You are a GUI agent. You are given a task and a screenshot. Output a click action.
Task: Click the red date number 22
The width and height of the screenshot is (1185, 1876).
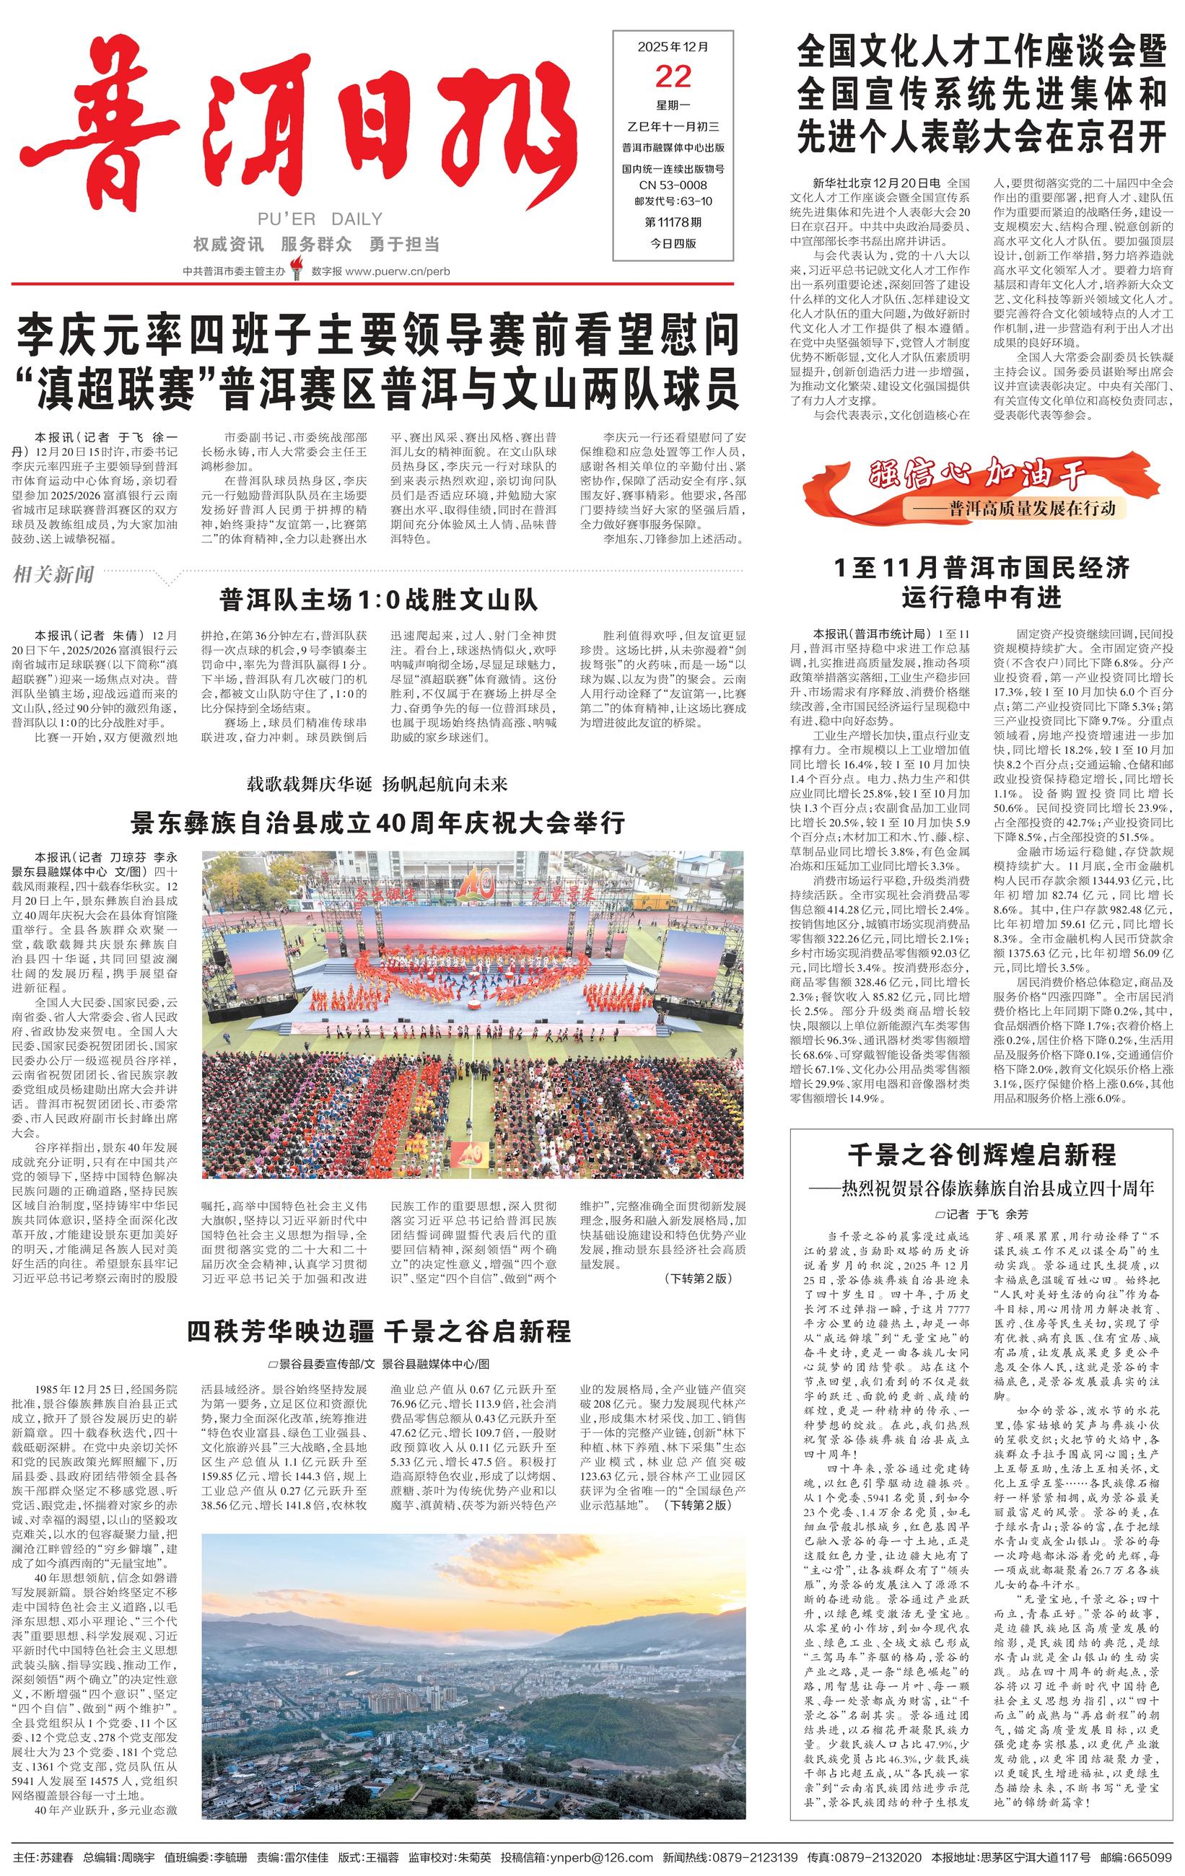[x=673, y=77]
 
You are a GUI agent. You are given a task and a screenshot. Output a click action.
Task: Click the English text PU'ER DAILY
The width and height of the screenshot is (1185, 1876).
[x=320, y=219]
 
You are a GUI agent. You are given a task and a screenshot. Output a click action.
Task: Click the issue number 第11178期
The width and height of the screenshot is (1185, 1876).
[x=673, y=222]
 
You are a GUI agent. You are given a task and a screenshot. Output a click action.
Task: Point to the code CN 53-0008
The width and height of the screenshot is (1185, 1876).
[x=673, y=185]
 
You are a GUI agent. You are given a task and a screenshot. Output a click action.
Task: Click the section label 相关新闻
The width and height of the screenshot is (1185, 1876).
[x=53, y=575]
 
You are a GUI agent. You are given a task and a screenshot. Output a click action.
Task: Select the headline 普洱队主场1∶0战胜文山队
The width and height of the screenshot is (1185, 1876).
[x=379, y=600]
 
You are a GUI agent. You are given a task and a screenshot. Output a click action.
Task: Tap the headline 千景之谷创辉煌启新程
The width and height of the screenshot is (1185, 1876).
[x=981, y=1155]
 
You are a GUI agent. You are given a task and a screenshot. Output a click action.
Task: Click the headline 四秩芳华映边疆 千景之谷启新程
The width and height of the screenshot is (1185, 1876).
[x=379, y=1331]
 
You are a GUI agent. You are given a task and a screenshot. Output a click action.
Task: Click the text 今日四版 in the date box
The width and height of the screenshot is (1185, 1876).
[x=673, y=243]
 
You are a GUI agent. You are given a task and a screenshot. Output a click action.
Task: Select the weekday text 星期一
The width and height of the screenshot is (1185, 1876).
[x=673, y=105]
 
